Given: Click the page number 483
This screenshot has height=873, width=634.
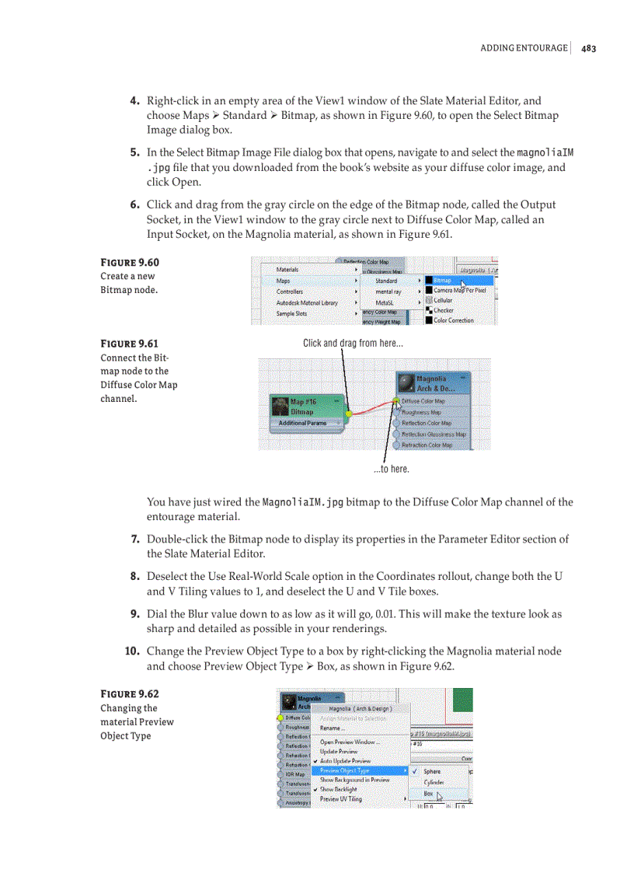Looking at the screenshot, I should click(x=588, y=48).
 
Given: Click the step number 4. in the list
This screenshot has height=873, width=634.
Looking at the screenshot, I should click(x=134, y=101).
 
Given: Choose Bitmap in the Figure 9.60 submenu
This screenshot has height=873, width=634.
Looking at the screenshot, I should click(x=444, y=280).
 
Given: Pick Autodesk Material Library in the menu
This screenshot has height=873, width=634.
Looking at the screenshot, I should click(x=307, y=302).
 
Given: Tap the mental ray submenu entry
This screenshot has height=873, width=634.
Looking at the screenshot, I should click(x=388, y=292).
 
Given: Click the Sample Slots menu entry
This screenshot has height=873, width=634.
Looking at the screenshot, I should click(x=291, y=313).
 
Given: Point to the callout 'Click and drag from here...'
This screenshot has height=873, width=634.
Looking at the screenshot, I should click(x=353, y=343).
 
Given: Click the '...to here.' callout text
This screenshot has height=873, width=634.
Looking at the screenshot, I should click(x=391, y=469).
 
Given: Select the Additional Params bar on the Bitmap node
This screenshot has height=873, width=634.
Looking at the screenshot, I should click(x=304, y=423).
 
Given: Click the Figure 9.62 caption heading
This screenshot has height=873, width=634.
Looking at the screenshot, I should click(x=129, y=693).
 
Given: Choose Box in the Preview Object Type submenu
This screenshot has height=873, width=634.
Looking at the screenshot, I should click(x=429, y=794).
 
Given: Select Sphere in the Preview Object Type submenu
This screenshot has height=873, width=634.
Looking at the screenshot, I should click(x=433, y=771).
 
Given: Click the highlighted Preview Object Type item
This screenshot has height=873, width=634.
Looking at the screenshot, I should click(x=345, y=770).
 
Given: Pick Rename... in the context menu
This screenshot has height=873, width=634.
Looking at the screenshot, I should click(x=333, y=728).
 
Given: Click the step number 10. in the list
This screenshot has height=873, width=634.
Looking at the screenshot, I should click(x=132, y=651).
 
